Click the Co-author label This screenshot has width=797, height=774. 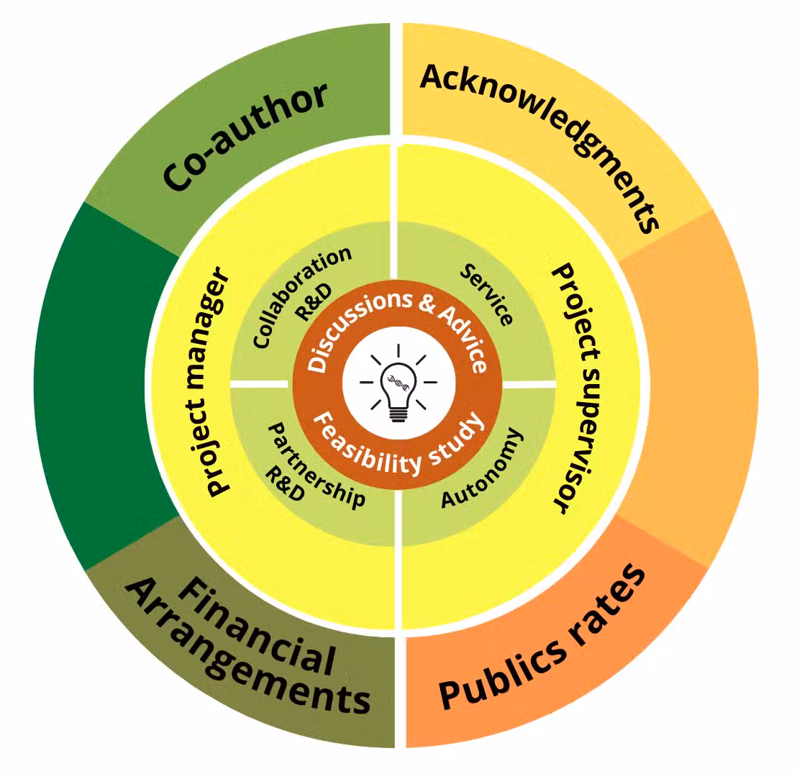pos(245,137)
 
